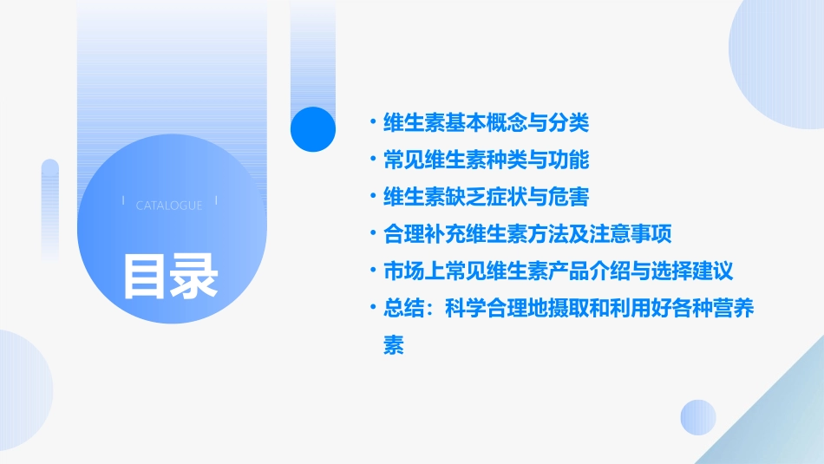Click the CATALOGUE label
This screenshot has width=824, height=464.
[x=169, y=206]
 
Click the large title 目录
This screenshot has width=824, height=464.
[x=170, y=276]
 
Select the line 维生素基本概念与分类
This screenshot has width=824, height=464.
[x=486, y=123]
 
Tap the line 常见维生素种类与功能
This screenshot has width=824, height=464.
[x=486, y=160]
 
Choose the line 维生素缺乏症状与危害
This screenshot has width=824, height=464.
[x=486, y=198]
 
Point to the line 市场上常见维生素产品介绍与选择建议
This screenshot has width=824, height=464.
[x=559, y=271]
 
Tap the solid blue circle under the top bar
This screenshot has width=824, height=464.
[x=312, y=128]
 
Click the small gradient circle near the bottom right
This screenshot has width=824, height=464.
[x=698, y=417]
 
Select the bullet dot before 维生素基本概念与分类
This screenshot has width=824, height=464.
[x=372, y=123]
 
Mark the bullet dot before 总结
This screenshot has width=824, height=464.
[x=372, y=309]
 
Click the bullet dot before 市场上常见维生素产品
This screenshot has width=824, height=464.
[x=372, y=271]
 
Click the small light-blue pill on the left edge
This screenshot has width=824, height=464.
[x=50, y=208]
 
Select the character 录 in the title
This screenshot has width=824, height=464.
[x=194, y=276]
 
